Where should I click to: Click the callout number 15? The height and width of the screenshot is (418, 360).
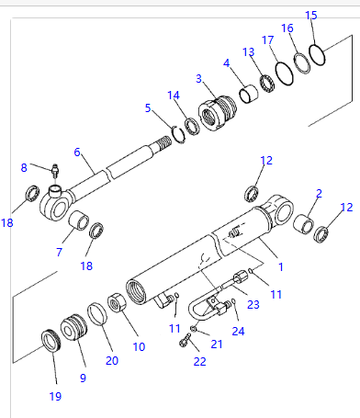[x=311, y=15]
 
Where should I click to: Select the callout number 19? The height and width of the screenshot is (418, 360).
[x=55, y=396]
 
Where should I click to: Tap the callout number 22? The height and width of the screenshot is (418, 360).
[x=199, y=361]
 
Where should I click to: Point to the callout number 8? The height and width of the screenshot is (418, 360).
[x=24, y=167]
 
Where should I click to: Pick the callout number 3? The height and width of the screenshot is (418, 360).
[x=198, y=79]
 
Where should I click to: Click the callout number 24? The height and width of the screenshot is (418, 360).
[x=238, y=331]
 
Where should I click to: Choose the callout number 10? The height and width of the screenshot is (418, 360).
[x=139, y=346]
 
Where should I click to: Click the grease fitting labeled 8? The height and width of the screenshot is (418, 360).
[x=55, y=171]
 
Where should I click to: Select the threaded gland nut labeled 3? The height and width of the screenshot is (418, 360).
[x=218, y=113]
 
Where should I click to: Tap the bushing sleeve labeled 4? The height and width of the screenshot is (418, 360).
[x=248, y=94]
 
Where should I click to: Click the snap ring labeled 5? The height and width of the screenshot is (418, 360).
[x=178, y=134]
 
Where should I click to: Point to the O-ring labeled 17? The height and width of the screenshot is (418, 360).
[x=285, y=73]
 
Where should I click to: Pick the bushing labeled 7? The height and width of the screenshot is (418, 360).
[x=78, y=220]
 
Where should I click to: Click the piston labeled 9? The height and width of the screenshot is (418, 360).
[x=73, y=327]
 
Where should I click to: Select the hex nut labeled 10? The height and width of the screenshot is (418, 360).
[x=118, y=303]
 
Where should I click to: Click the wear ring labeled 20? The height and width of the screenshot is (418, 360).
[x=97, y=314]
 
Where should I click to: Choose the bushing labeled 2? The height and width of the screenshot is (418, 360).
[x=303, y=223]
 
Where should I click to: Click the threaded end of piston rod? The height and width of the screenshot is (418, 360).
[x=163, y=143]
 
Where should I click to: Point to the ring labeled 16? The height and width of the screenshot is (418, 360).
[x=302, y=63]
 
